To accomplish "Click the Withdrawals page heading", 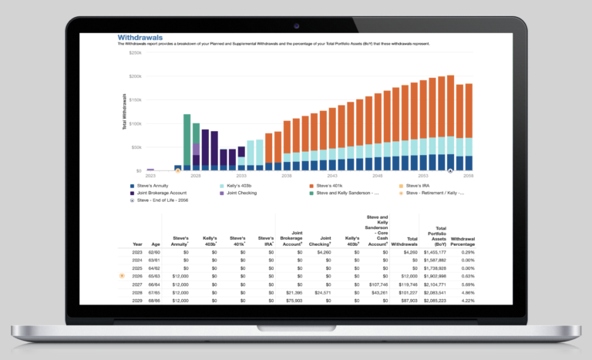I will tap(140, 37).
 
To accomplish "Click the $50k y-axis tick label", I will tap(135, 146).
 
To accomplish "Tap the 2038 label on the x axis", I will tap(287, 176).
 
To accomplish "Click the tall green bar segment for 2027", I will tap(187, 139).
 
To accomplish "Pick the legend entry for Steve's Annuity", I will tap(153, 186).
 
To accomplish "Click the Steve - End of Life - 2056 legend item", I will tap(163, 200).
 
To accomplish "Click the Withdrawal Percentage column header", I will tap(463, 241).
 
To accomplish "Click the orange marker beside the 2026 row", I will tap(122, 275).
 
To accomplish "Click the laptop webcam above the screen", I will tap(296, 25).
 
